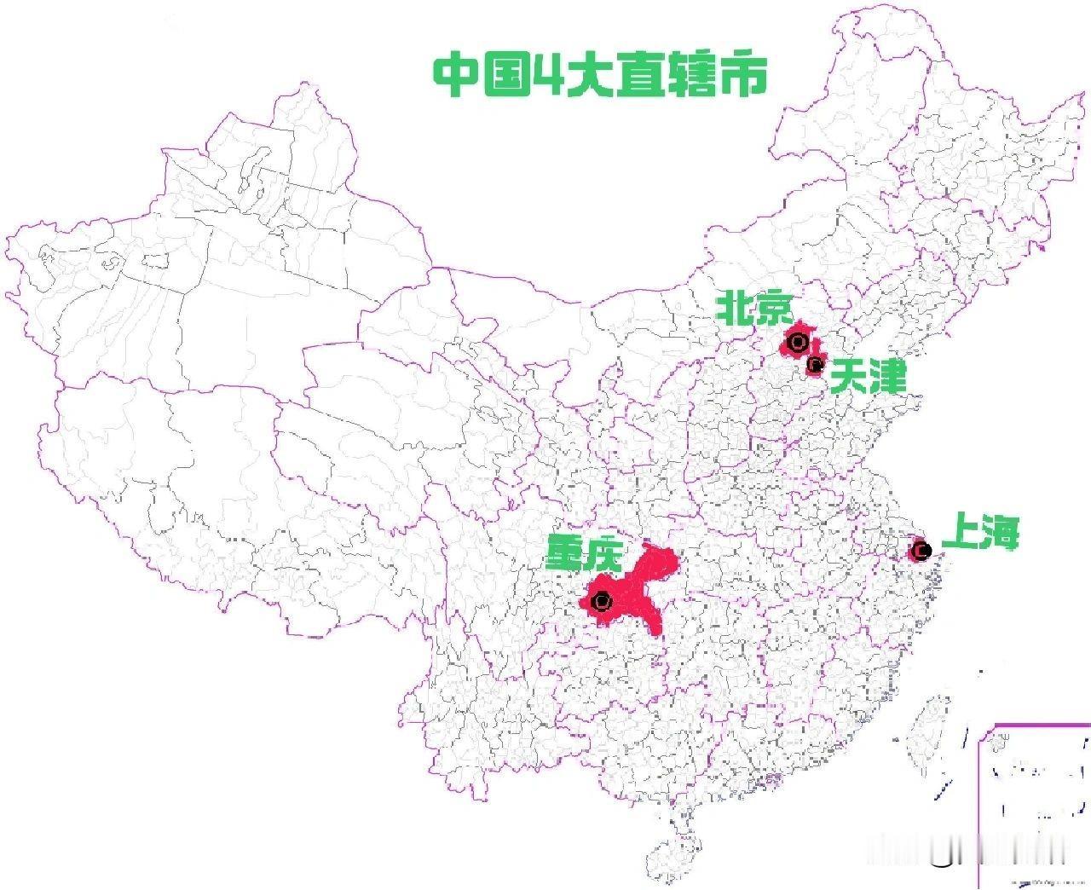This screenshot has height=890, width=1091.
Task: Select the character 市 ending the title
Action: (742, 75)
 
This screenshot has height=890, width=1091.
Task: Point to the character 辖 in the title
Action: (692, 75)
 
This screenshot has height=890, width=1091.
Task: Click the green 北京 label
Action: (754, 308)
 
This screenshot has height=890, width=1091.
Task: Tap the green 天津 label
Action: (868, 376)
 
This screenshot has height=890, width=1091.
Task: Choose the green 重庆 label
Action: (586, 552)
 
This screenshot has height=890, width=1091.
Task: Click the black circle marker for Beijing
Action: (798, 343)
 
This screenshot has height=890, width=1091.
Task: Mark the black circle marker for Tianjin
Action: (815, 366)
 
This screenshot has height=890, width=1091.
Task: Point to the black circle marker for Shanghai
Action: (921, 550)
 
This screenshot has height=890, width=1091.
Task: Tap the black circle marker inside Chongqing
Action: (602, 601)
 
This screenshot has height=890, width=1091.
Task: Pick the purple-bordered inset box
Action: (1036, 801)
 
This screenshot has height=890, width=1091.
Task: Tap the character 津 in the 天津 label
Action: (886, 376)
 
